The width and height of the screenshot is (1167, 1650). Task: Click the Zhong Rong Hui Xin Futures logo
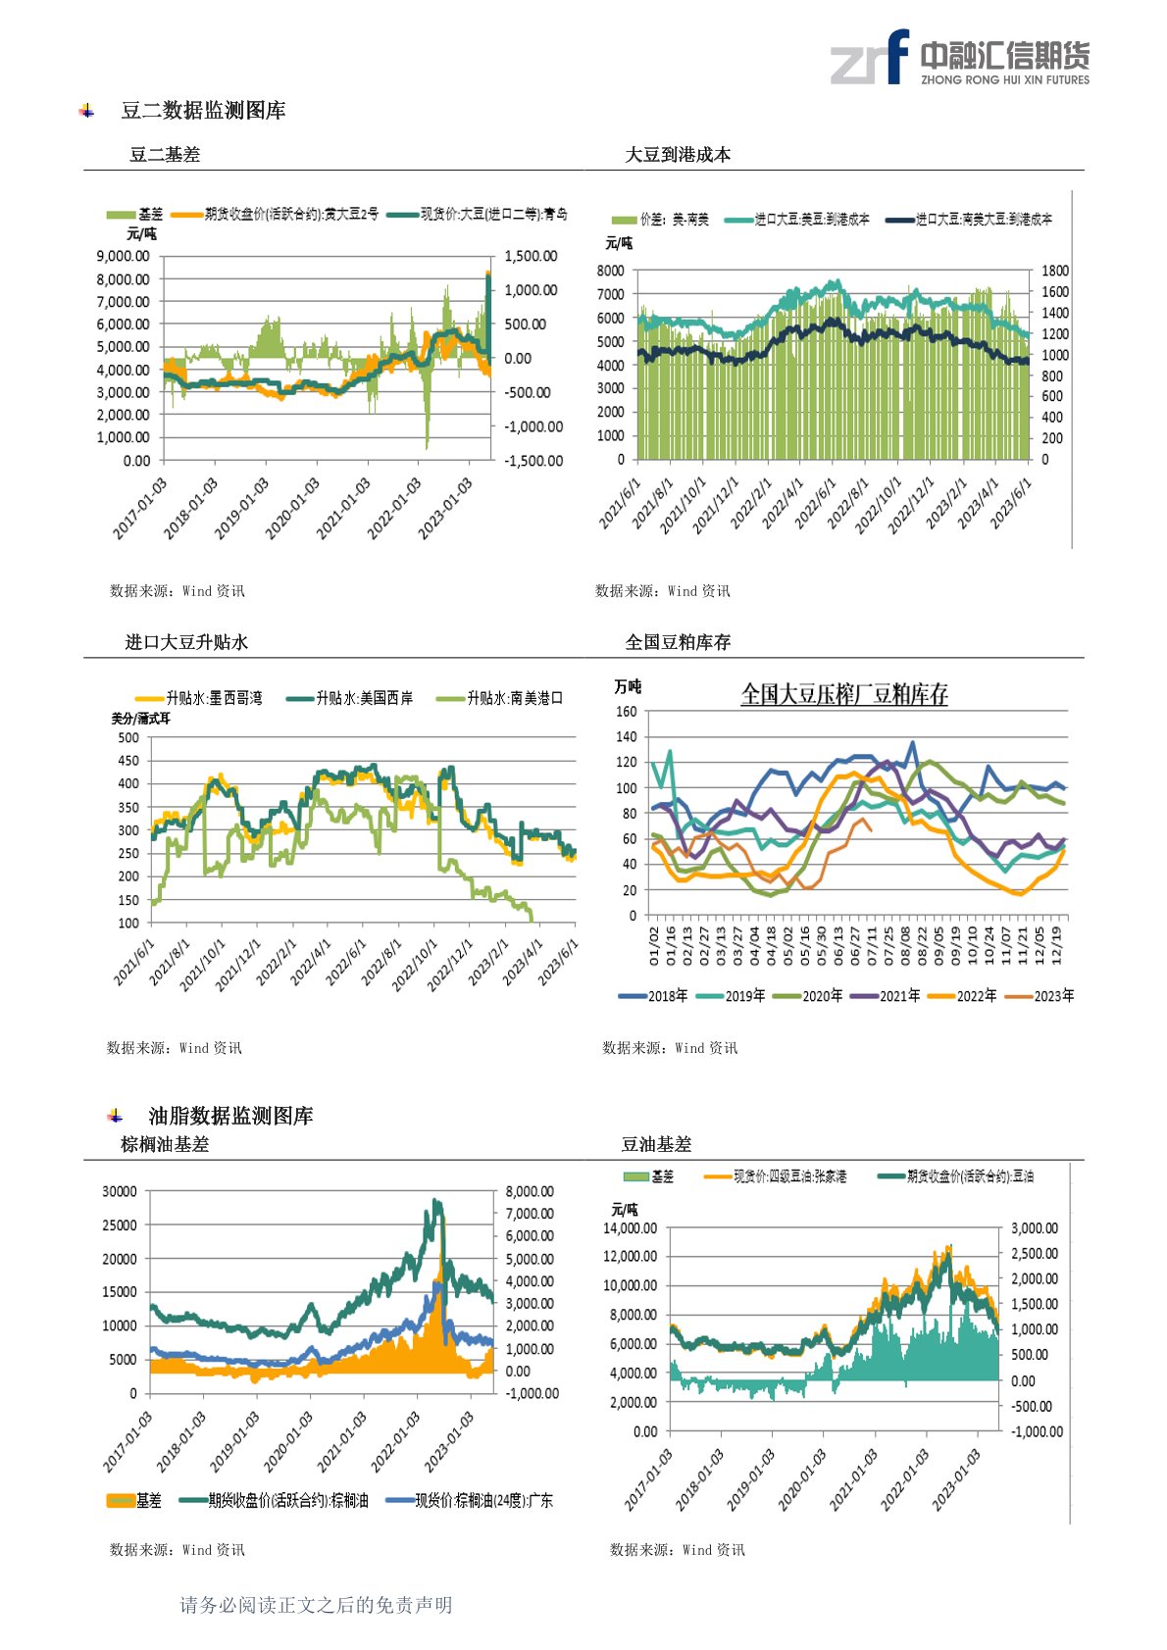point(959,58)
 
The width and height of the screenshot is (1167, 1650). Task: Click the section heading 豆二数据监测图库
point(203,111)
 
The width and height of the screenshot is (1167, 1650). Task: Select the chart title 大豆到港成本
point(678,154)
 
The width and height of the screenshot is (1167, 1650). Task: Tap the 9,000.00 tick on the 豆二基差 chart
point(124,256)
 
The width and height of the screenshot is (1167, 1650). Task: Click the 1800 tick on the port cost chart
point(1055,271)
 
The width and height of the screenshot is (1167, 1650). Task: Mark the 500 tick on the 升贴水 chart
point(128,737)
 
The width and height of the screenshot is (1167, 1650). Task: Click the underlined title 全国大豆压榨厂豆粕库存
point(844,694)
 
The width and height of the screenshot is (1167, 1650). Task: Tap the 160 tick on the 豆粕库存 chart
point(626,712)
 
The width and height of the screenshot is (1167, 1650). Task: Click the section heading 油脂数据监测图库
point(230,1116)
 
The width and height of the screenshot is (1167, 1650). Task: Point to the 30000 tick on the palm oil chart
point(120,1191)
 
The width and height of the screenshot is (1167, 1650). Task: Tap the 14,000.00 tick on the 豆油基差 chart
point(630,1228)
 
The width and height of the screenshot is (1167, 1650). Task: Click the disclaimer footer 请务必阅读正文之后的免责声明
point(316,1605)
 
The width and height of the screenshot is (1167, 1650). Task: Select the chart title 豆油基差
point(656,1144)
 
